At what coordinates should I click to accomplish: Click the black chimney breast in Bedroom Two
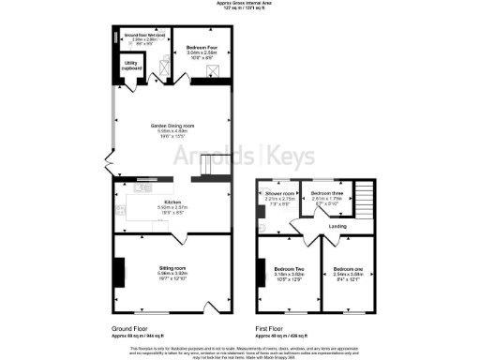(x=262, y=273)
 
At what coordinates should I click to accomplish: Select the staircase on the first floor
(x=364, y=200)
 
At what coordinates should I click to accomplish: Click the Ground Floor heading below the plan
(x=130, y=329)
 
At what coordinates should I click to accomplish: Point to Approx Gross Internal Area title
(x=239, y=4)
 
